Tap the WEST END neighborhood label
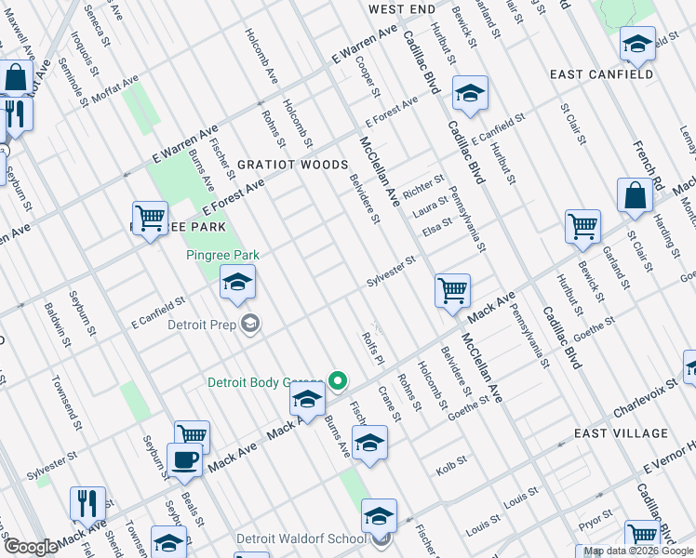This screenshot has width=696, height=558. tap(401, 9)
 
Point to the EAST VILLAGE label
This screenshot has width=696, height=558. tap(621, 433)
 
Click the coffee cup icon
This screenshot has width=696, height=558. tap(184, 459)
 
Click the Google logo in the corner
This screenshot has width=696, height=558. tap(31, 547)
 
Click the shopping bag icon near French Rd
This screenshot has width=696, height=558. tap(635, 195)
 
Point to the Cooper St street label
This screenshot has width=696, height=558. tap(368, 76)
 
